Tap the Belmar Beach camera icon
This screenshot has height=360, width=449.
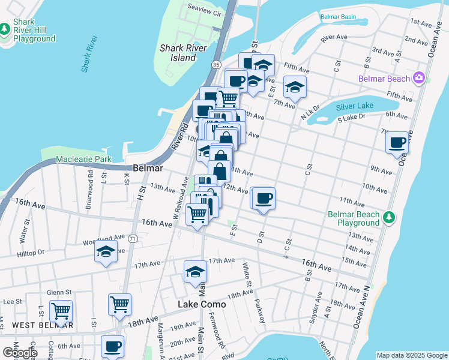(x=419, y=78)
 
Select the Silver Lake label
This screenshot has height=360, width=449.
(x=355, y=106)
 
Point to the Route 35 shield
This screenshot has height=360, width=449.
(x=216, y=64)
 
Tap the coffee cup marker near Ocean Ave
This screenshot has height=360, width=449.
(x=397, y=143)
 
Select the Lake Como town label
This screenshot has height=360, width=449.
(x=202, y=304)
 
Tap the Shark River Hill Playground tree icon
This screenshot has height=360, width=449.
(x=5, y=29)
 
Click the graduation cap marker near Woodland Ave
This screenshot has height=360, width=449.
(x=106, y=252)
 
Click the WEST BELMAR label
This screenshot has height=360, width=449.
(x=42, y=325)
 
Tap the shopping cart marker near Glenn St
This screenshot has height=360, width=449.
(x=61, y=311)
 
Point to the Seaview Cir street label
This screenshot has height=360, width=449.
(x=205, y=13)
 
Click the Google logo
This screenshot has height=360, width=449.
(x=20, y=353)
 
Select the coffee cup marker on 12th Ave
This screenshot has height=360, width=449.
(x=263, y=198)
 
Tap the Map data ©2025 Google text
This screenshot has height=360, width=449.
(x=411, y=355)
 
